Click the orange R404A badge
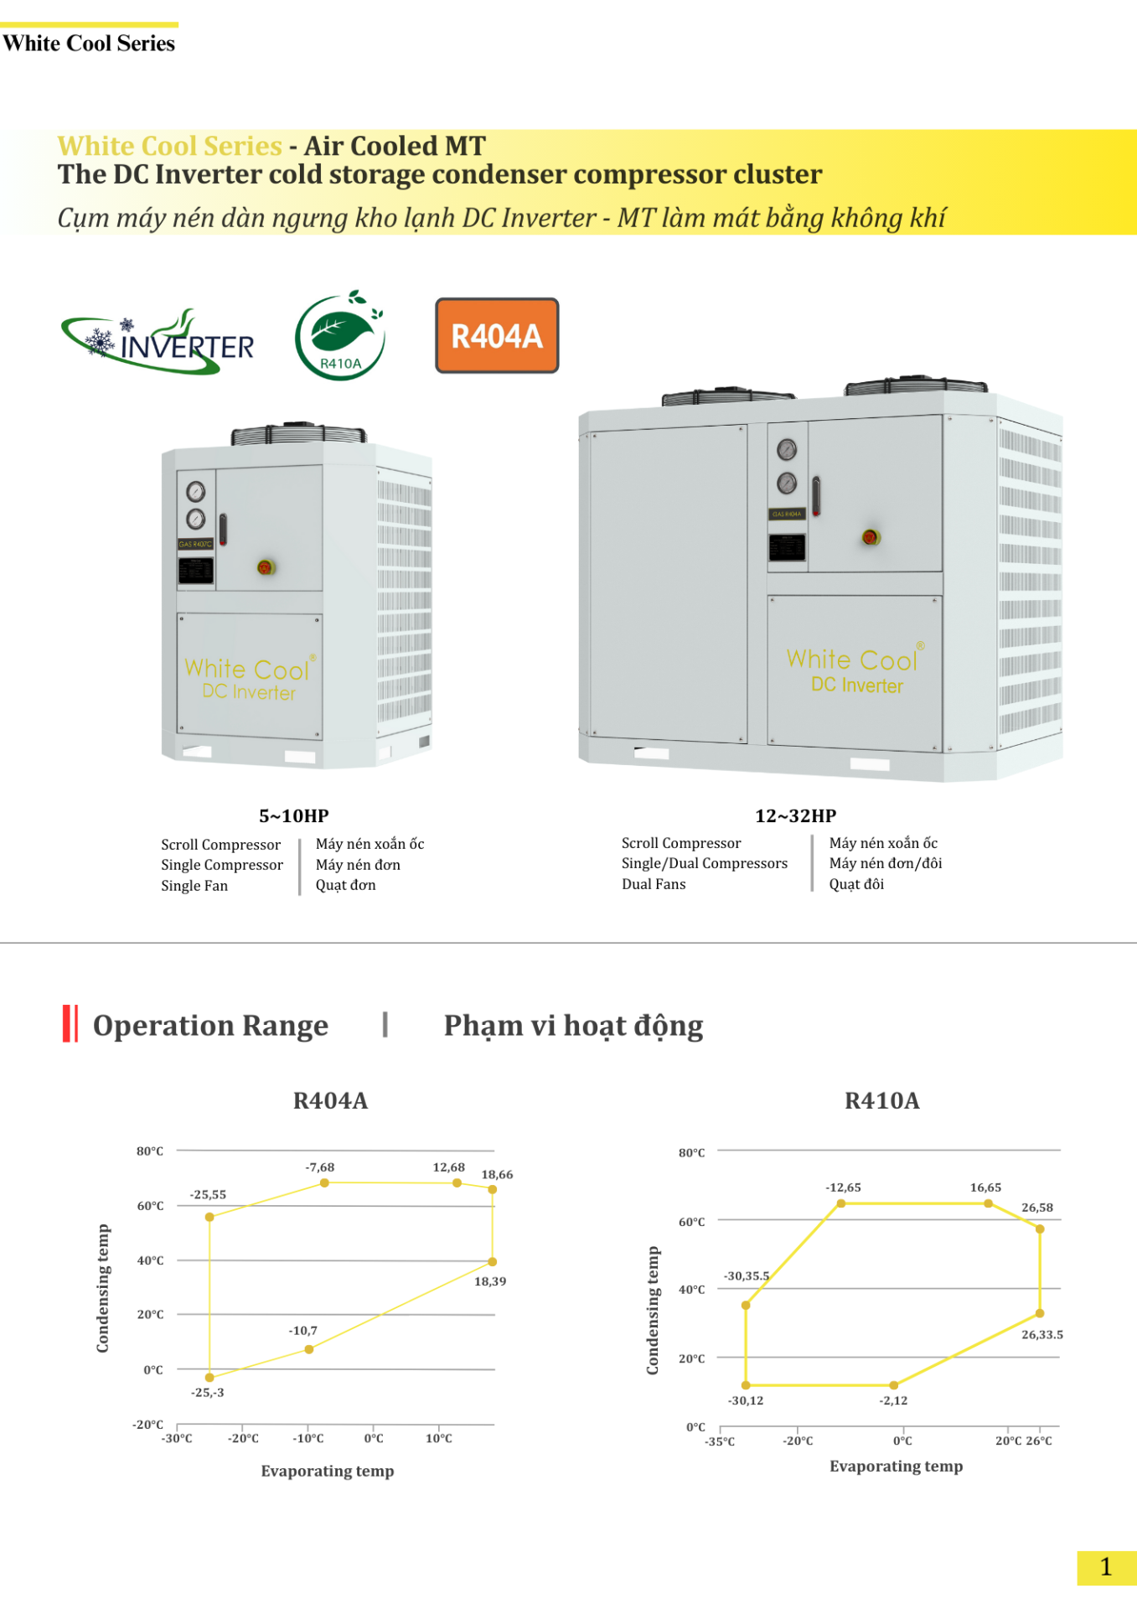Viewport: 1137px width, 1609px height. tap(497, 335)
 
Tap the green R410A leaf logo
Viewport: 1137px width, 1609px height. tap(340, 336)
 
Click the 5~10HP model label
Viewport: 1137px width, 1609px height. tap(293, 815)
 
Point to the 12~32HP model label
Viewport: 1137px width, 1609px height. tap(795, 815)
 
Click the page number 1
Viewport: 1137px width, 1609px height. tap(1105, 1566)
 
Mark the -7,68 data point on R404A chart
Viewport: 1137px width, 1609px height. tap(324, 1182)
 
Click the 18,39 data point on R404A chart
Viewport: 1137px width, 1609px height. tap(493, 1261)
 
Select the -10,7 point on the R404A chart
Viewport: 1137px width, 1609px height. tap(309, 1349)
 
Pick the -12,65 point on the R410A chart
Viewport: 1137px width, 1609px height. tap(841, 1203)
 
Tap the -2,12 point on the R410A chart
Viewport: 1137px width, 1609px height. tap(894, 1385)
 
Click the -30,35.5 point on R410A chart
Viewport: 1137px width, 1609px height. tap(746, 1305)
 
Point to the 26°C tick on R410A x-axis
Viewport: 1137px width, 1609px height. tap(1040, 1441)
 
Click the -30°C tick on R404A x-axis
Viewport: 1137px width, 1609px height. tap(178, 1438)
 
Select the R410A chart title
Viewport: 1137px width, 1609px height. tap(881, 1100)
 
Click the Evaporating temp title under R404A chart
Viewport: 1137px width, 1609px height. tap(327, 1471)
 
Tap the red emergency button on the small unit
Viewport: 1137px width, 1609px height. tap(266, 567)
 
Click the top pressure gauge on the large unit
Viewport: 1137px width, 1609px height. tap(787, 450)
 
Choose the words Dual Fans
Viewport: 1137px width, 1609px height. tap(654, 884)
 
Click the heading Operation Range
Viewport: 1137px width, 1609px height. tap(210, 1025)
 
